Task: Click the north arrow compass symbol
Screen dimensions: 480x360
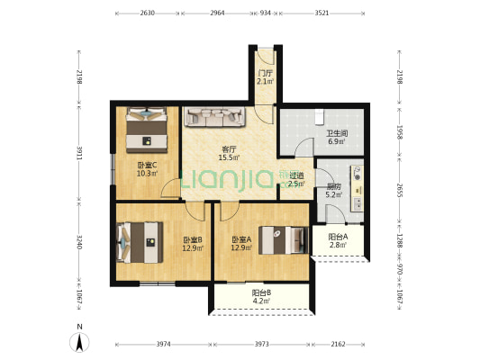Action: (79, 342)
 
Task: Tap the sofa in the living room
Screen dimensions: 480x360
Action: (215, 116)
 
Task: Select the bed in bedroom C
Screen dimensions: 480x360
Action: (147, 130)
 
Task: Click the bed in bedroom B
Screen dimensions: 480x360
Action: (140, 242)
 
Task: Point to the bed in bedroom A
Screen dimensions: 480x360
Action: (284, 240)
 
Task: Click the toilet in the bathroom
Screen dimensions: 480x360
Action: (320, 116)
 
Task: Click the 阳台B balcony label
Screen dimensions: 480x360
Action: (261, 292)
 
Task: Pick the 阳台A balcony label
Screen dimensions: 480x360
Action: (338, 237)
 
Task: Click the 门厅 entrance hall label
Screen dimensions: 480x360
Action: (265, 74)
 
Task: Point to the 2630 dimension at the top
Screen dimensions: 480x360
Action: (148, 13)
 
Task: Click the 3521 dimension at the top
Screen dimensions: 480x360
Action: (322, 13)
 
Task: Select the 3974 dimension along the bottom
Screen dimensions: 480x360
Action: (164, 344)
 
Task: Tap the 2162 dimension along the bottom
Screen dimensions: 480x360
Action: (338, 344)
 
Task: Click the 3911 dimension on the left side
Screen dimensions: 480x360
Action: (79, 153)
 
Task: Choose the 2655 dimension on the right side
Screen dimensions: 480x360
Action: (399, 190)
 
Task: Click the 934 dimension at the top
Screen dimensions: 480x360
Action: (265, 13)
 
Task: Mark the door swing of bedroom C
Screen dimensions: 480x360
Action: (170, 187)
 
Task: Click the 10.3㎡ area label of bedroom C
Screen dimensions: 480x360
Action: (147, 174)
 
